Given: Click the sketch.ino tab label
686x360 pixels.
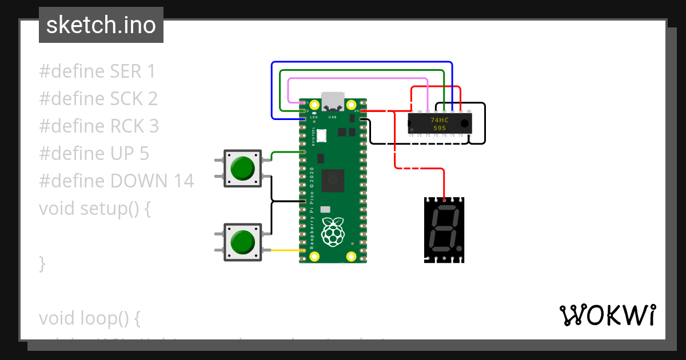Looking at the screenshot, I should pyautogui.click(x=101, y=25).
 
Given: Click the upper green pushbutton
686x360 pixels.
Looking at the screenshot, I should pyautogui.click(x=243, y=168).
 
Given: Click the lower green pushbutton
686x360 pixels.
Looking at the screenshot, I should pyautogui.click(x=243, y=243).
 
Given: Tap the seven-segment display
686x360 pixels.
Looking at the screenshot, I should pyautogui.click(x=444, y=230).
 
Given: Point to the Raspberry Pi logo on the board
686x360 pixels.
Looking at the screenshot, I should pyautogui.click(x=333, y=232).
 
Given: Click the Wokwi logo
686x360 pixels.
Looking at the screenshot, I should pyautogui.click(x=607, y=315).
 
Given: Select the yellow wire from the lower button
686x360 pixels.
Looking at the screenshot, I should pyautogui.click(x=283, y=250).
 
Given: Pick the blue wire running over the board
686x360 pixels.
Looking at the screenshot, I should pyautogui.click(x=360, y=62).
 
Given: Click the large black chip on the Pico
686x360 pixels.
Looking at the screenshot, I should pyautogui.click(x=333, y=182).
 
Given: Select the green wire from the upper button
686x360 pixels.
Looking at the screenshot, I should pyautogui.click(x=283, y=152).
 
